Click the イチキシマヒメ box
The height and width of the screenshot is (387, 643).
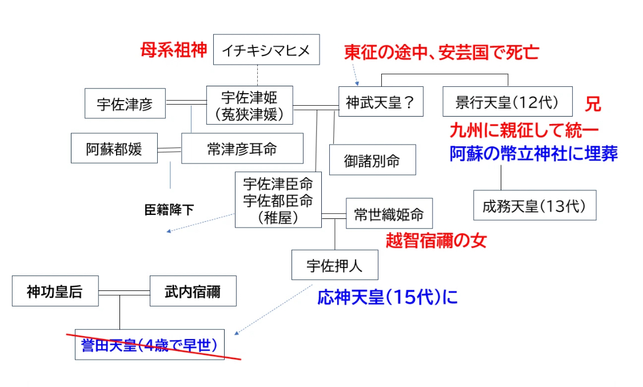266,50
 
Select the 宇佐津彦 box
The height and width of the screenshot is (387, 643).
125,103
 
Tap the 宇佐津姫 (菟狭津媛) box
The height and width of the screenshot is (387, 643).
249,105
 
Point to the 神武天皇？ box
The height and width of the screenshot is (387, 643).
381,102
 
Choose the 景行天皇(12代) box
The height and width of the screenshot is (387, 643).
508,102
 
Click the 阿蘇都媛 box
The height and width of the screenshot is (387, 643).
114,148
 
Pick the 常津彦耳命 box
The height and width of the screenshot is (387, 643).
242,149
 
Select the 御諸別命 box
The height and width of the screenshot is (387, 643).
372,160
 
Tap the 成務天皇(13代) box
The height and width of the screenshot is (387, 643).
535,205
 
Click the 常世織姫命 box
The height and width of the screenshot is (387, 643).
389,214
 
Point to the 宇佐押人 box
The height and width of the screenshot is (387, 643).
334,265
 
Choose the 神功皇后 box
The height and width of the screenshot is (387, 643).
55,291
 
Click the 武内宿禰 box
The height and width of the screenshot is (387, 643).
193,291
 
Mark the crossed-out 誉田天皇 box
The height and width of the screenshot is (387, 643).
150,345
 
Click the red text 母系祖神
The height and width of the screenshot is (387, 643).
173,50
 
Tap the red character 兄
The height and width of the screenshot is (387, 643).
593,104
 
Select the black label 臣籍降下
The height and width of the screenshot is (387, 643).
169,210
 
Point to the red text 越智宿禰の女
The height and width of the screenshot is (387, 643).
436,240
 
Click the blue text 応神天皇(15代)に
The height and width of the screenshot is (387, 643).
388,297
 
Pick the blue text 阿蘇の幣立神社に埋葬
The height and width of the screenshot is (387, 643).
533,153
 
